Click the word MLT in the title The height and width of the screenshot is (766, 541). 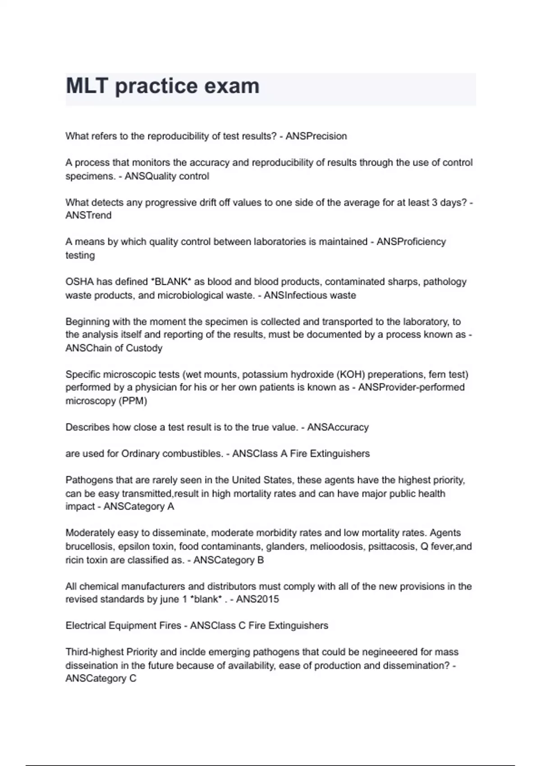(x=87, y=86)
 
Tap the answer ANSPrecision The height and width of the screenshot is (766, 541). (x=316, y=136)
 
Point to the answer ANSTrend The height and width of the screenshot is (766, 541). (x=88, y=215)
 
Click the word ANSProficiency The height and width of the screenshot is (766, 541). (x=411, y=242)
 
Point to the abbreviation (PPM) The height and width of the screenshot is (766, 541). (x=133, y=401)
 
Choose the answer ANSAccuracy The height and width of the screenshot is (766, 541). (x=338, y=427)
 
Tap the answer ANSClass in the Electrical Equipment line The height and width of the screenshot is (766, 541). (x=211, y=626)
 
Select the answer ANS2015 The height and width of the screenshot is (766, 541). (x=257, y=599)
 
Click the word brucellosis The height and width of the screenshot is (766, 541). (x=91, y=547)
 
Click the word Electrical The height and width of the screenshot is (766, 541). (x=85, y=626)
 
